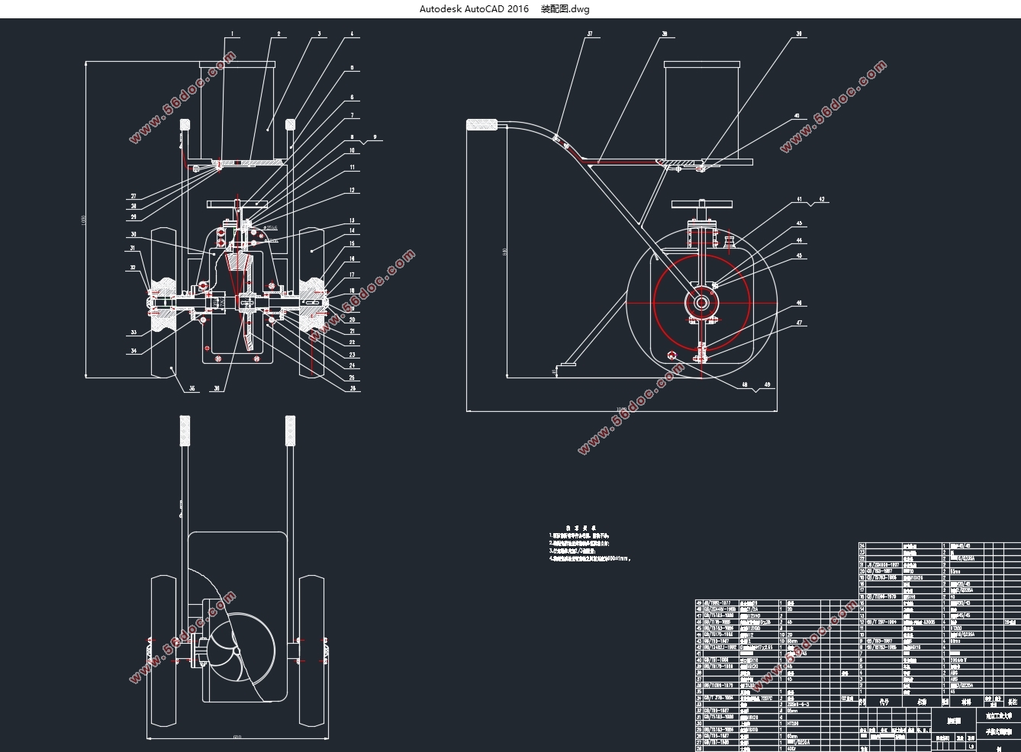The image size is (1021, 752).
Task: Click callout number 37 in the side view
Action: pyautogui.click(x=590, y=34)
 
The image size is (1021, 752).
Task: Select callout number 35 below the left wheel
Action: pyautogui.click(x=192, y=389)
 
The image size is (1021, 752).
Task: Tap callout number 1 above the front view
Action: pyautogui.click(x=233, y=34)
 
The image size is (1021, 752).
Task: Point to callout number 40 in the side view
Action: pyautogui.click(x=797, y=117)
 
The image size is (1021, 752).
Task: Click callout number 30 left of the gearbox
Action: pyautogui.click(x=133, y=234)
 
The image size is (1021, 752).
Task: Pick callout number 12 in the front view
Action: pyautogui.click(x=352, y=191)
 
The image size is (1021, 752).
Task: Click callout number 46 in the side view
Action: pyautogui.click(x=799, y=304)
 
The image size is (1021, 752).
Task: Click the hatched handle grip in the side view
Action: pyautogui.click(x=482, y=125)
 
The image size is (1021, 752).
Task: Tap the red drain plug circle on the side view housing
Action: pyautogui.click(x=672, y=355)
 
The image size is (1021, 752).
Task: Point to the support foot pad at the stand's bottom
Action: pyautogui.click(x=565, y=365)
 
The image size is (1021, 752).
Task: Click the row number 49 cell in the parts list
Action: pyautogui.click(x=701, y=603)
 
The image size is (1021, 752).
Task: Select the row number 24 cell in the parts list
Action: pyautogui.click(x=863, y=546)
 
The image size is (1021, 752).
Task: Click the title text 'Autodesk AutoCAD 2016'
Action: pyautogui.click(x=473, y=9)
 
